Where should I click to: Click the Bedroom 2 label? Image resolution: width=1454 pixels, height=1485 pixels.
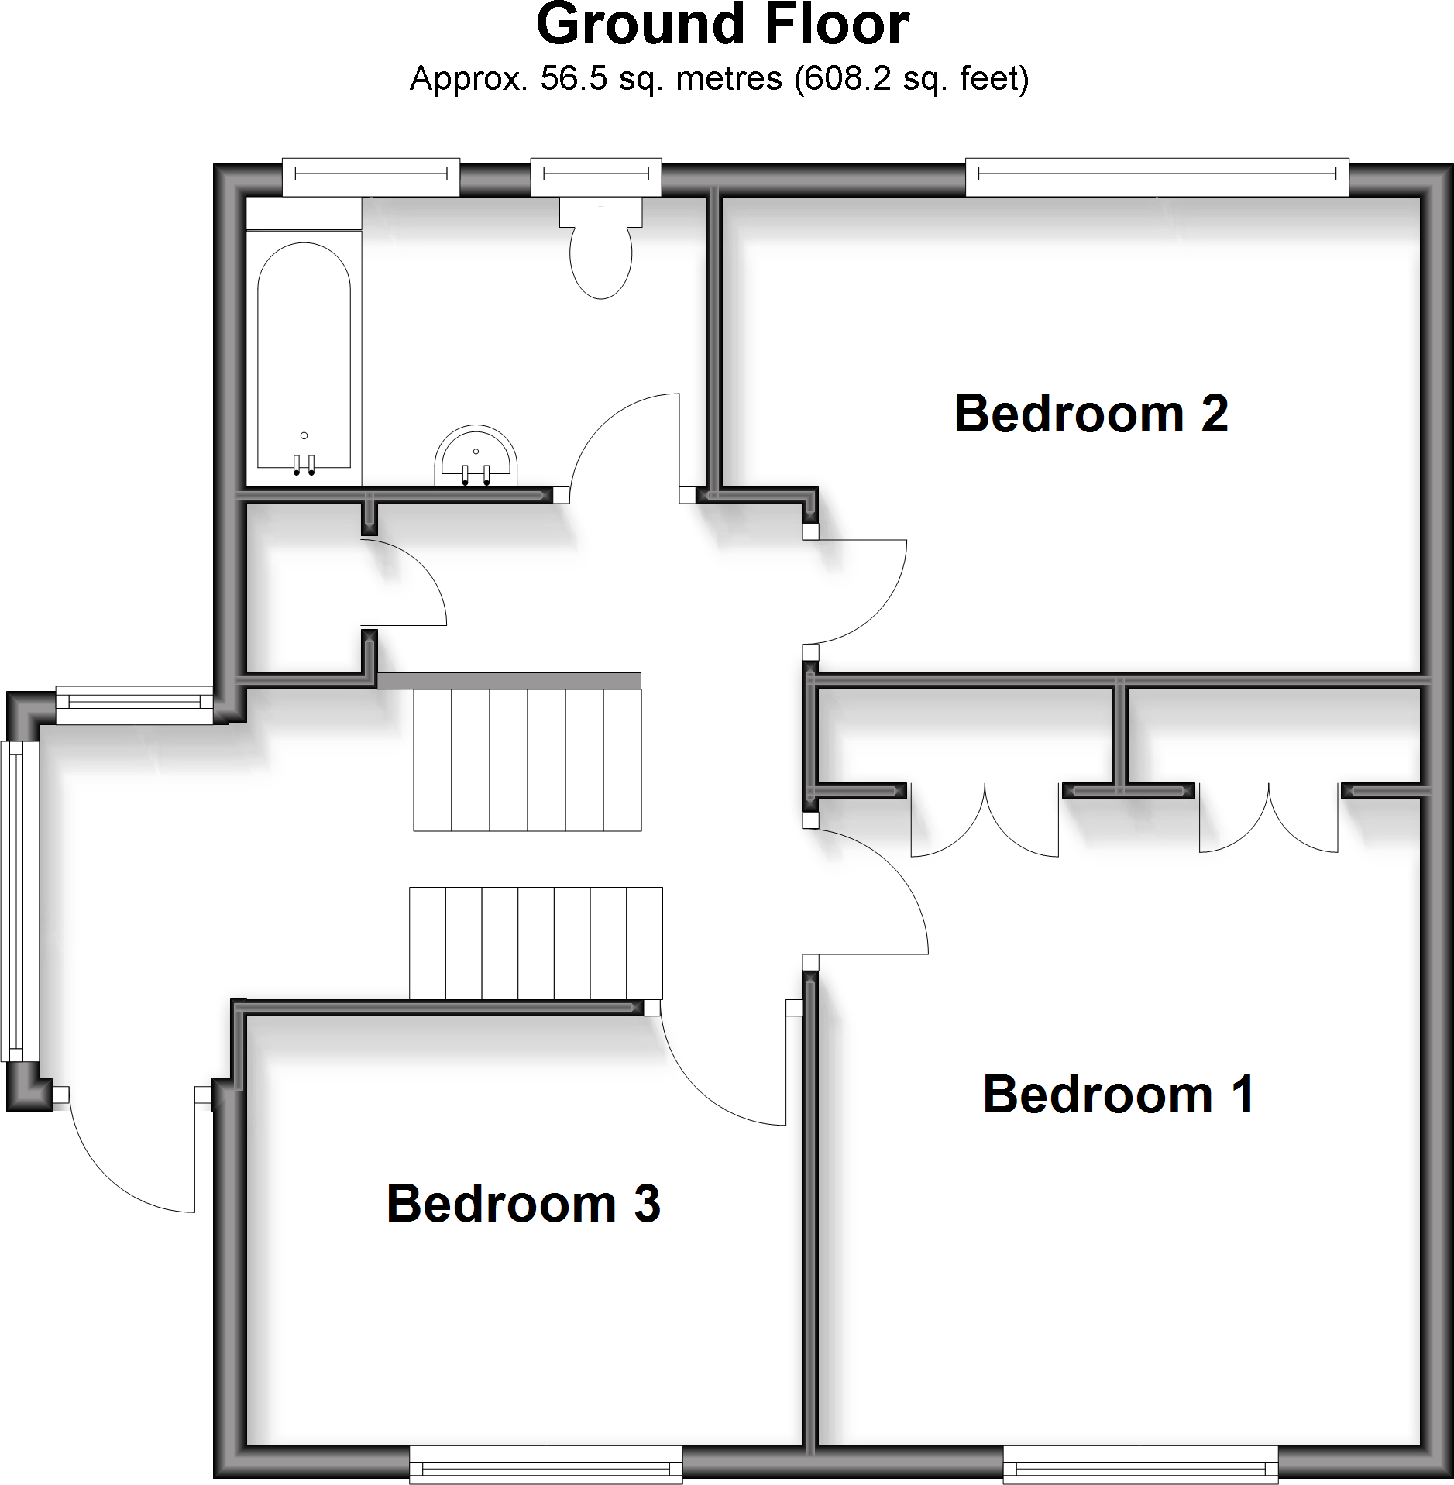(x=1091, y=414)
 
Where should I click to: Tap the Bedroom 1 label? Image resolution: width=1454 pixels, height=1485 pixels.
(x=1119, y=1095)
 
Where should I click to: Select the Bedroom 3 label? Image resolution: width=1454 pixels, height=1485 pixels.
(x=523, y=1204)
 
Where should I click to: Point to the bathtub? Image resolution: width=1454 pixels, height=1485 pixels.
(x=304, y=356)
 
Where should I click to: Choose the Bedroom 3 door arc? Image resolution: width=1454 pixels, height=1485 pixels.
(x=705, y=1085)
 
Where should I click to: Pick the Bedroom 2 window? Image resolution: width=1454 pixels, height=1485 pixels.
(x=1157, y=177)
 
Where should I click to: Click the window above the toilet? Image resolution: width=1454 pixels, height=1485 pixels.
(x=596, y=177)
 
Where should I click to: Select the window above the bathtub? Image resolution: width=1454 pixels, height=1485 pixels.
(x=370, y=177)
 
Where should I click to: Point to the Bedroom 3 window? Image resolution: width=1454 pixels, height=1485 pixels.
(x=545, y=1464)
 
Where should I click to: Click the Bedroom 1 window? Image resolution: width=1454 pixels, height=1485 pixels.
(x=1139, y=1464)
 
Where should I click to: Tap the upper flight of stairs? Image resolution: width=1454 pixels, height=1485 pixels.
(x=527, y=759)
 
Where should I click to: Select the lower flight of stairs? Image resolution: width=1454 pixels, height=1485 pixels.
(x=535, y=943)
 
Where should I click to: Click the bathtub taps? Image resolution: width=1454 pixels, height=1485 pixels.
(x=304, y=465)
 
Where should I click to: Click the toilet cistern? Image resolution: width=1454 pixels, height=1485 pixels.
(x=600, y=211)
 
